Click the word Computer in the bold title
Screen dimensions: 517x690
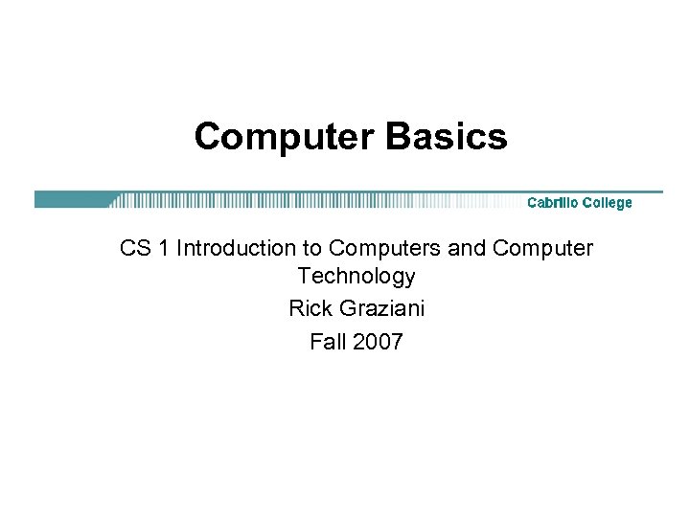pos(285,137)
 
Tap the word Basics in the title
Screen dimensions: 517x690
pos(446,137)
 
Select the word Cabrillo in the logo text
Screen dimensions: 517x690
pos(555,202)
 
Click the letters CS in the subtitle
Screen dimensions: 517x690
pos(134,249)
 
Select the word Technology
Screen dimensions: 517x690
pos(356,277)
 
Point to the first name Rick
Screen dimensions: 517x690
pos(308,309)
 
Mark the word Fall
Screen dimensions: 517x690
pos(327,341)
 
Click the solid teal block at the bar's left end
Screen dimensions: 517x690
pos(72,200)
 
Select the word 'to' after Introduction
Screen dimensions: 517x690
pos(312,249)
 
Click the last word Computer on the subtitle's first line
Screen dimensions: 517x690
pos(542,249)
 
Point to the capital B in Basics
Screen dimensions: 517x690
pos(395,137)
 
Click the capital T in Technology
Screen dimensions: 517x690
pos(304,277)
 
